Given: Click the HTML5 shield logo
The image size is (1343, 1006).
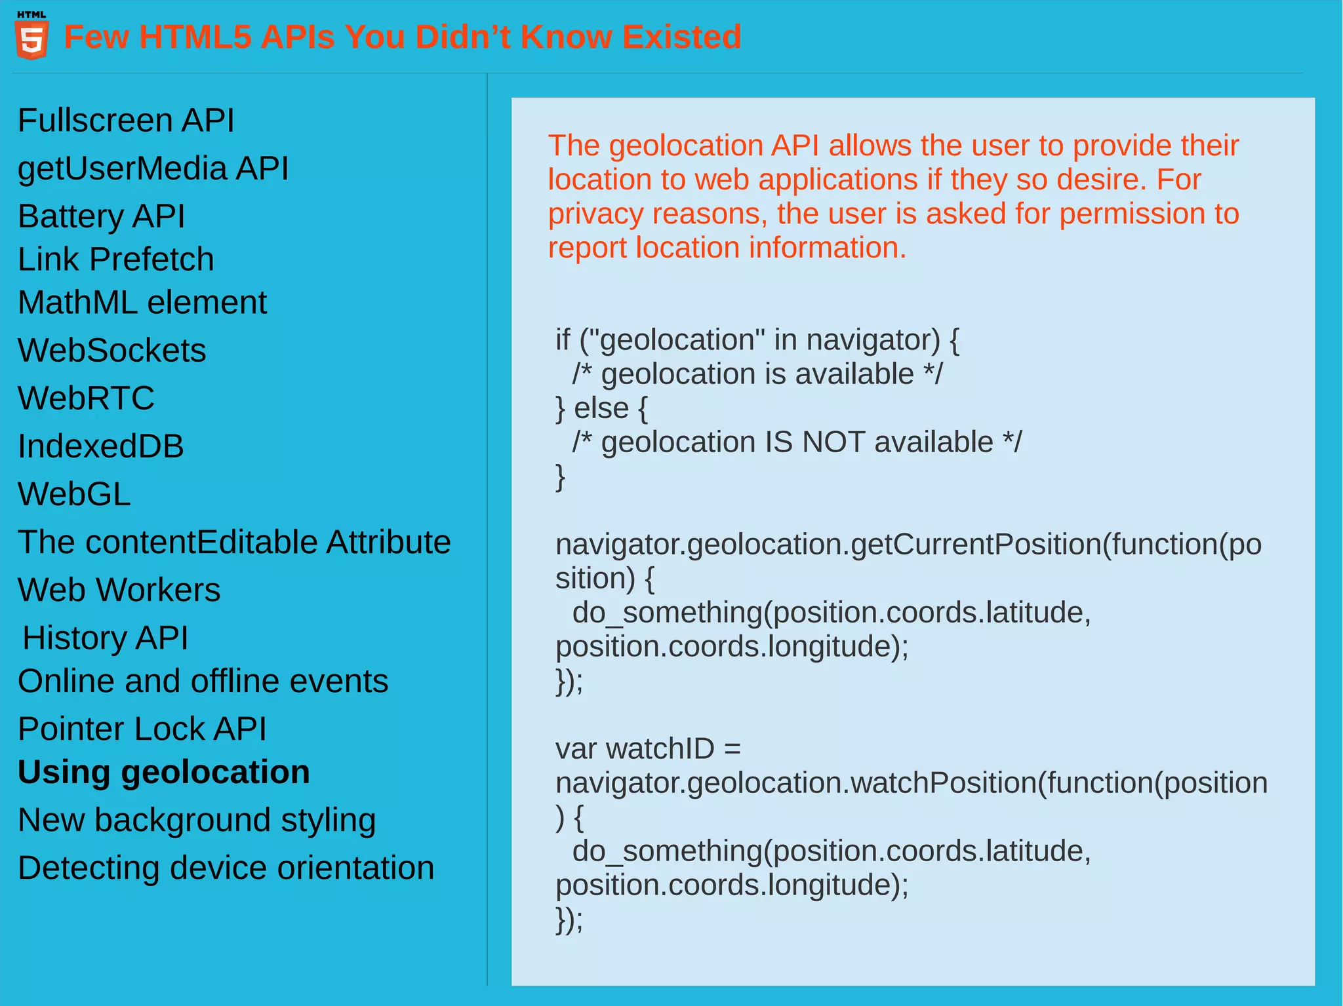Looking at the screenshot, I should [31, 38].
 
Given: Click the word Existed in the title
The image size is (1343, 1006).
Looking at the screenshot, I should [681, 37].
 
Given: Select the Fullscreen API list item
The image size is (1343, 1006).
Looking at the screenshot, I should [126, 121].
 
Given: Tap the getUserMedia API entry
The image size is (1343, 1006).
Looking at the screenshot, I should [153, 168].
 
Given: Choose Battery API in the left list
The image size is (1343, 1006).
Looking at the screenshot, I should [102, 216].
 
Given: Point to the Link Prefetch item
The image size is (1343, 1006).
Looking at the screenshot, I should [116, 260].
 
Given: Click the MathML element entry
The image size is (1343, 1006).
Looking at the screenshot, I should [142, 303].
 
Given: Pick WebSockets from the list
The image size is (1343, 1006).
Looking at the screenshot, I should [112, 351].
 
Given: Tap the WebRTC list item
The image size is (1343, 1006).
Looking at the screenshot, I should [87, 398].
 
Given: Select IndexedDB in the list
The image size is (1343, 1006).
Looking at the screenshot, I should [101, 446].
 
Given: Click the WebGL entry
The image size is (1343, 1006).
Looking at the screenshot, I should [75, 494].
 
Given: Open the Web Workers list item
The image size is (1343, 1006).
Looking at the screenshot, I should [119, 590].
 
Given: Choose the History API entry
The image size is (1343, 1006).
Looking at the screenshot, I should [106, 638].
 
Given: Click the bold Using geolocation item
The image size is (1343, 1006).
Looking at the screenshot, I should [164, 772].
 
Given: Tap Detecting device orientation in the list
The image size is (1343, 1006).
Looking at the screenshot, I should [226, 868].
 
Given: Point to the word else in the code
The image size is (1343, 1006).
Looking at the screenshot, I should [601, 408].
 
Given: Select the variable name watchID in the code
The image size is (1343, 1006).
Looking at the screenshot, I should [660, 749].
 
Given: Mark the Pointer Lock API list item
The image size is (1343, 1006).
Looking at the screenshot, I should [142, 729].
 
